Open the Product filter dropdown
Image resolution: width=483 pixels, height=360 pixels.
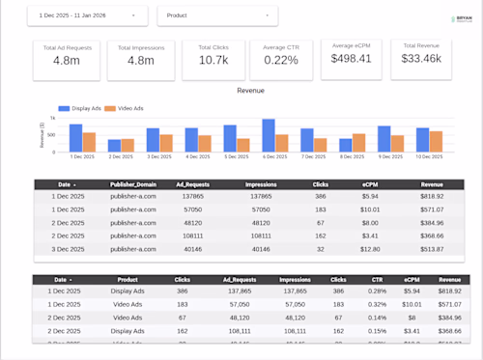(x=216, y=15)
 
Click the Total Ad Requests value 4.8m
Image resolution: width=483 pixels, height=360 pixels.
(x=67, y=60)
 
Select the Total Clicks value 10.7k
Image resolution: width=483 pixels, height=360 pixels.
(x=213, y=60)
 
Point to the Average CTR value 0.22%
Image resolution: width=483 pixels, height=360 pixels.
(x=281, y=60)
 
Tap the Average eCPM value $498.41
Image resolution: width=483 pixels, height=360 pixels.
(x=351, y=58)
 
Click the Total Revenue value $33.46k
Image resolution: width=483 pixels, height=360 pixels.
(x=421, y=58)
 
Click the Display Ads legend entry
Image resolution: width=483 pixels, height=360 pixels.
(x=83, y=108)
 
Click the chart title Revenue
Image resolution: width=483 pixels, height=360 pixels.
(x=250, y=91)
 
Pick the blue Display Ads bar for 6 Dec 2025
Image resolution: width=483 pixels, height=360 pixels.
(x=269, y=136)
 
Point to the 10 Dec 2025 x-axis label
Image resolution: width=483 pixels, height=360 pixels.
(x=429, y=155)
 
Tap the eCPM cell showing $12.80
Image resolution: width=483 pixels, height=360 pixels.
(x=370, y=248)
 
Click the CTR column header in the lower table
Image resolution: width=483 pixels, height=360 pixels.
(x=378, y=279)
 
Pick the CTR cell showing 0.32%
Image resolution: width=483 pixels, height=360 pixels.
(x=378, y=303)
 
